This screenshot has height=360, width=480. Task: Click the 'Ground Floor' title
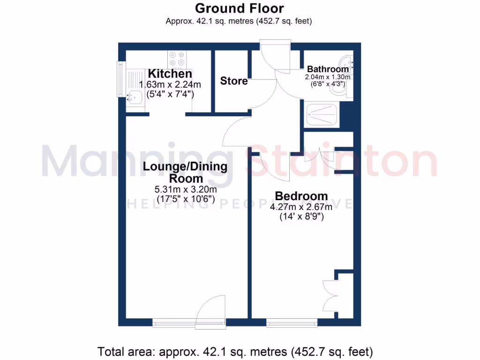pyautogui.click(x=239, y=8)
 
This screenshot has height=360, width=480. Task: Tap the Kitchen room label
pyautogui.click(x=170, y=74)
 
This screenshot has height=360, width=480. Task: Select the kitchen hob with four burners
pyautogui.click(x=177, y=59)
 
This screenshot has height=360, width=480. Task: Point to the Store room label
pyautogui.click(x=234, y=81)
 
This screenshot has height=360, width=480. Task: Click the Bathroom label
pyautogui.click(x=328, y=69)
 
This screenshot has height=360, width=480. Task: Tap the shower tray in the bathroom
pyautogui.click(x=321, y=115)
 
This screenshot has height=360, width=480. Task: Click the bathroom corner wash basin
pyautogui.click(x=347, y=61)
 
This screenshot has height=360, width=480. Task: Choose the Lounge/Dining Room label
pyautogui.click(x=185, y=172)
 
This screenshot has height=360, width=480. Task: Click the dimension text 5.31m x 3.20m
pyautogui.click(x=185, y=190)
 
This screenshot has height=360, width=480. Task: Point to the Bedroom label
pyautogui.click(x=301, y=196)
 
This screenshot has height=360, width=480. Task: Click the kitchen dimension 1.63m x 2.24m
pyautogui.click(x=170, y=85)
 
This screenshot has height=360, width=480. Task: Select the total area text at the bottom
pyautogui.click(x=235, y=351)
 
